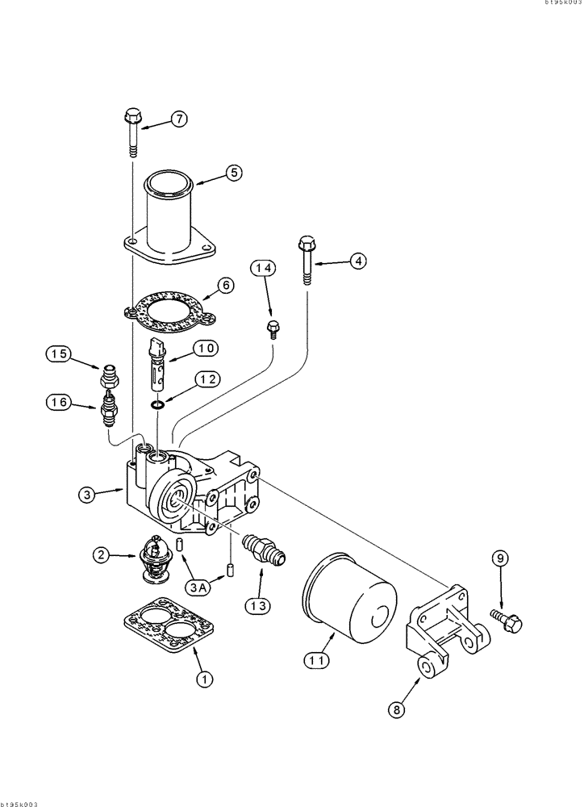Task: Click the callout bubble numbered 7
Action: click(177, 119)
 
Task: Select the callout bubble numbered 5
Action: click(233, 172)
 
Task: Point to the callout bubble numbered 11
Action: click(316, 660)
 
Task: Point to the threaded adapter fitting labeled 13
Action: click(263, 549)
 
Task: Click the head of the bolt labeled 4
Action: click(307, 243)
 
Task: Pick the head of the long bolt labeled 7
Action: click(131, 119)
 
